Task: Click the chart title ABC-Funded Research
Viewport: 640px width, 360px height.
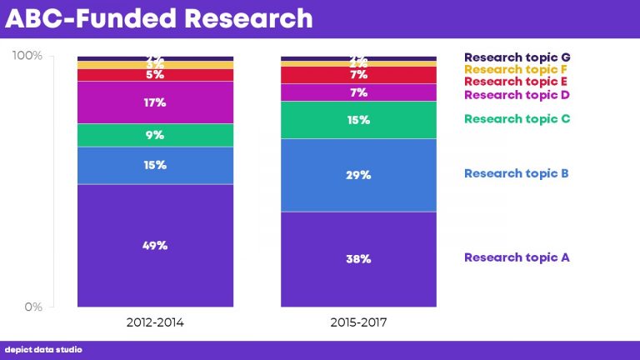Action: [x=159, y=18]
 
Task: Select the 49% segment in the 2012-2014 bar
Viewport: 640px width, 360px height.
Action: [x=155, y=245]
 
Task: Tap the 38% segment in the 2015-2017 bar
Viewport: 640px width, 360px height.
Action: [x=358, y=258]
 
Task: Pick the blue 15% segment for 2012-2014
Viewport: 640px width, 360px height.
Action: [x=155, y=165]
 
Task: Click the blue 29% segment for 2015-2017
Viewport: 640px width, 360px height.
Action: [x=358, y=175]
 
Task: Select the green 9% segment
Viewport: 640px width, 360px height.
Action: [x=155, y=135]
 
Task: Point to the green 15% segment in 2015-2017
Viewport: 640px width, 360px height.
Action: [x=358, y=120]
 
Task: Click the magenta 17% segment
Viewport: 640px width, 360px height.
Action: [x=155, y=102]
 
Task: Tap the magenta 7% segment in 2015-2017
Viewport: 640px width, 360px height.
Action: [x=358, y=92]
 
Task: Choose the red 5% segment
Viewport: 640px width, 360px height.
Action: [x=155, y=75]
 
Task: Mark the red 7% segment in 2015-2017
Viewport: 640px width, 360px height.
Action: [x=358, y=75]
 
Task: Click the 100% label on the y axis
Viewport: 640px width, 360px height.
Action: [x=27, y=56]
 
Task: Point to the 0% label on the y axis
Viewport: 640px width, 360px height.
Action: [x=32, y=307]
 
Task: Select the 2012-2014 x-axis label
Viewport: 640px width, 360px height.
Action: [x=155, y=322]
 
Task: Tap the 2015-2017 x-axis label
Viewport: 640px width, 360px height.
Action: [x=358, y=322]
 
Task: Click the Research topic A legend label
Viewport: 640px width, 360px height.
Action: [x=517, y=257]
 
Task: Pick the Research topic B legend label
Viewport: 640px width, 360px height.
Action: [x=517, y=173]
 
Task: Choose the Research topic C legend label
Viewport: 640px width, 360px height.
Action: [x=517, y=119]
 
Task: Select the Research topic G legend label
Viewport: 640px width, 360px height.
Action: [x=517, y=57]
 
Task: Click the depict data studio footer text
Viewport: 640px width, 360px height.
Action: [x=43, y=350]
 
